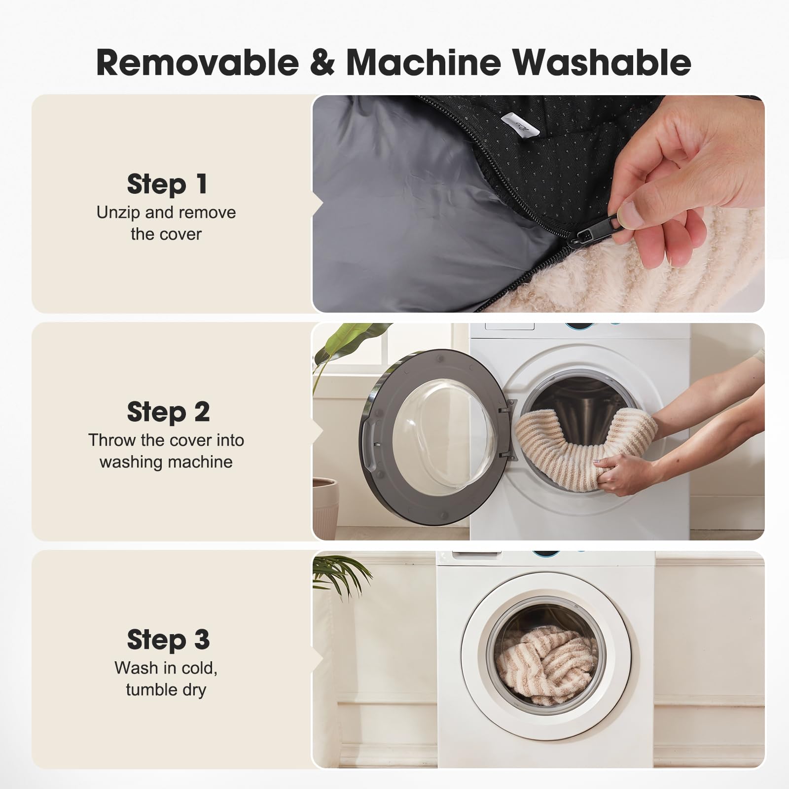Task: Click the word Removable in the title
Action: tap(198, 62)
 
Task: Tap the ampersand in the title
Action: tap(323, 63)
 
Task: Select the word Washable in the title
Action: tap(601, 62)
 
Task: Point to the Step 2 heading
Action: tap(168, 412)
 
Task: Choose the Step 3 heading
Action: tap(168, 640)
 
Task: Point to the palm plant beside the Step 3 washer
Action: tap(340, 574)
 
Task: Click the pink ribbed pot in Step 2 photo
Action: tap(325, 508)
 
